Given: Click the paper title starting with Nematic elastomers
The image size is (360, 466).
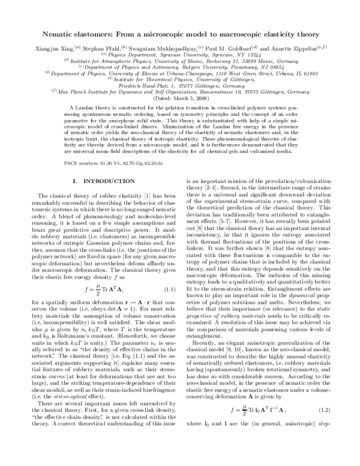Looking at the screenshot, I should (x=180, y=35).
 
